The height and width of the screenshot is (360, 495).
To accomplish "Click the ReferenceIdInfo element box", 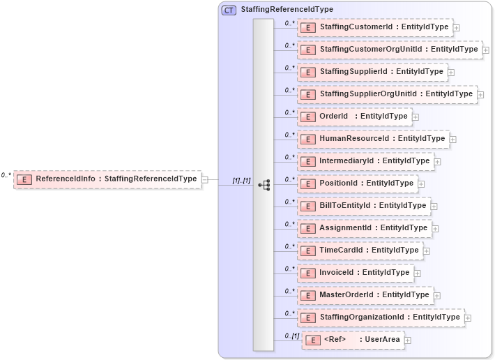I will pos(107,179).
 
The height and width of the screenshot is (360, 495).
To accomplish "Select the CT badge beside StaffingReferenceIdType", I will pos(229,10).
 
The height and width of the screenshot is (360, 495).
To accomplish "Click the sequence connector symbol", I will pos(264,185).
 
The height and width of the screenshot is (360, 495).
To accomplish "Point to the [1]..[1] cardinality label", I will pos(241,181).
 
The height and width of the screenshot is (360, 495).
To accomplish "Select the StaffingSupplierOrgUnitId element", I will pos(386,94).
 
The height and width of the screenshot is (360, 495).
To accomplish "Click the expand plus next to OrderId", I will pos(416,117).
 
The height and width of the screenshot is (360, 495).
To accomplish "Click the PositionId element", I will pos(357,183).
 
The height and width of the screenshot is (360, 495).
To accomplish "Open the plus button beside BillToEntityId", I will pos(434,206).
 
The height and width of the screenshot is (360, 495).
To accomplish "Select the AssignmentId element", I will pos(364,228).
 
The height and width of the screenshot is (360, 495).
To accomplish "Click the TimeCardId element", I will pos(360,250).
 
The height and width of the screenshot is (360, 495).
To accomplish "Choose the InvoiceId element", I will pos(355,273).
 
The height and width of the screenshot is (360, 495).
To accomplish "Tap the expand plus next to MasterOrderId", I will pos(438,295).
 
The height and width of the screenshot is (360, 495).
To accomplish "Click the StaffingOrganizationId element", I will pos(381,317).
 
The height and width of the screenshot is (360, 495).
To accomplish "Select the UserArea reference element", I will pos(353,340).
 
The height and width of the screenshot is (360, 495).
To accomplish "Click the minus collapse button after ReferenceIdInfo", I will pos(205,179).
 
